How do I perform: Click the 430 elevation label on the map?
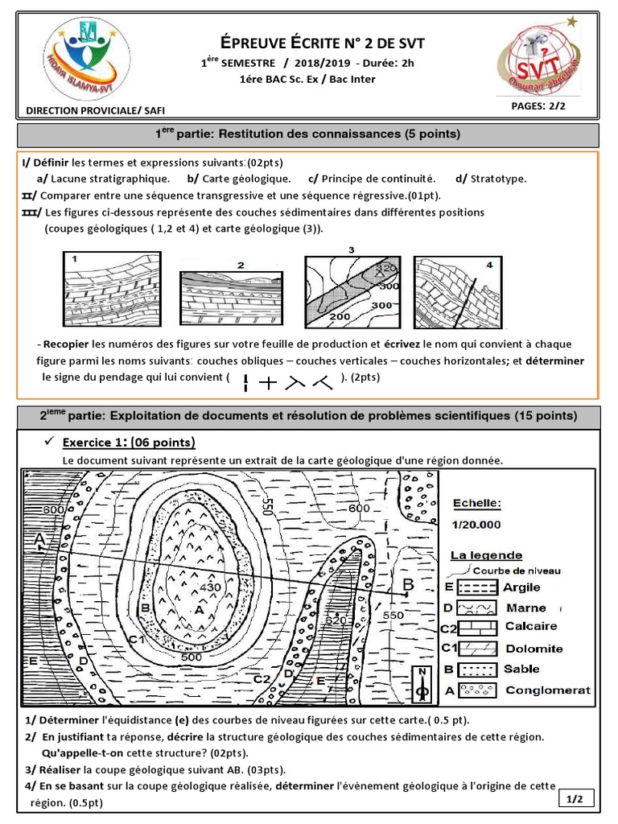click(210, 588)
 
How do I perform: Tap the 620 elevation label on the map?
click(335, 620)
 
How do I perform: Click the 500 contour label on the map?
click(192, 657)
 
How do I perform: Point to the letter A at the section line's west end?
click(39, 538)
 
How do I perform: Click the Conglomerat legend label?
click(547, 690)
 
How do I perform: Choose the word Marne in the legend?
click(525, 608)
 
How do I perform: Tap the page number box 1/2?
click(575, 798)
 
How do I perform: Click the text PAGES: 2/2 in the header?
click(540, 105)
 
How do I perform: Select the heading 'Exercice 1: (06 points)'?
click(129, 443)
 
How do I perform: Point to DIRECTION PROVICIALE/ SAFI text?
click(96, 111)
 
